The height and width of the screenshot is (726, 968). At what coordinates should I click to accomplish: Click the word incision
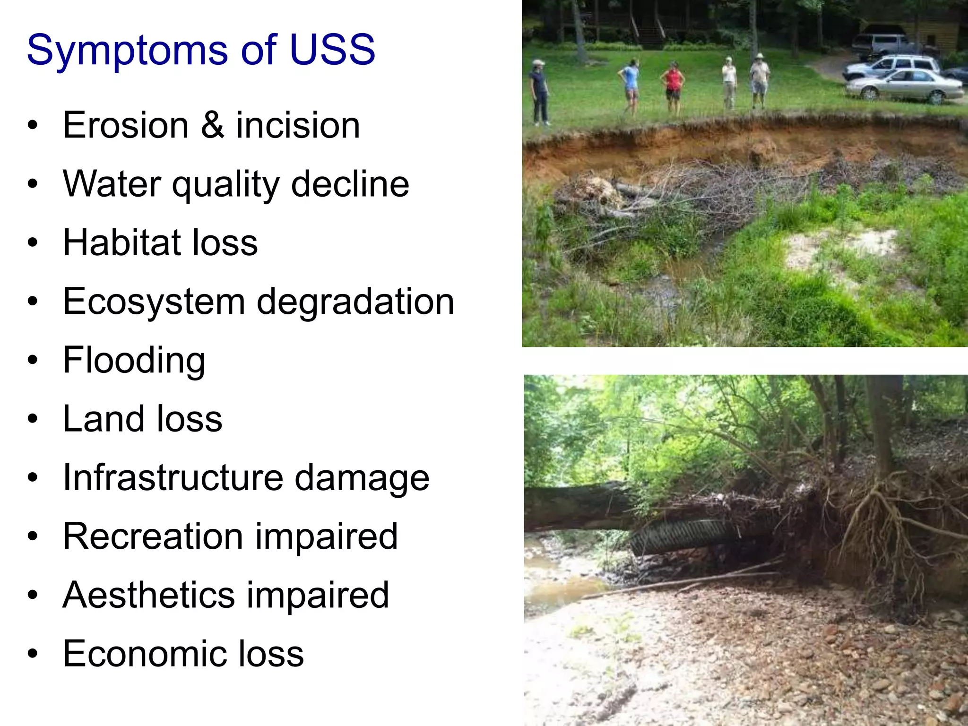click(298, 125)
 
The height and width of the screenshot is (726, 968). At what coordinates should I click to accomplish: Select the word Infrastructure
click(173, 478)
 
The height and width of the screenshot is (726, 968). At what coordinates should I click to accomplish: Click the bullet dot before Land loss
click(32, 419)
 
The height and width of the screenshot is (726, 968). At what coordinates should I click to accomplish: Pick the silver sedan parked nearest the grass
click(903, 86)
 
